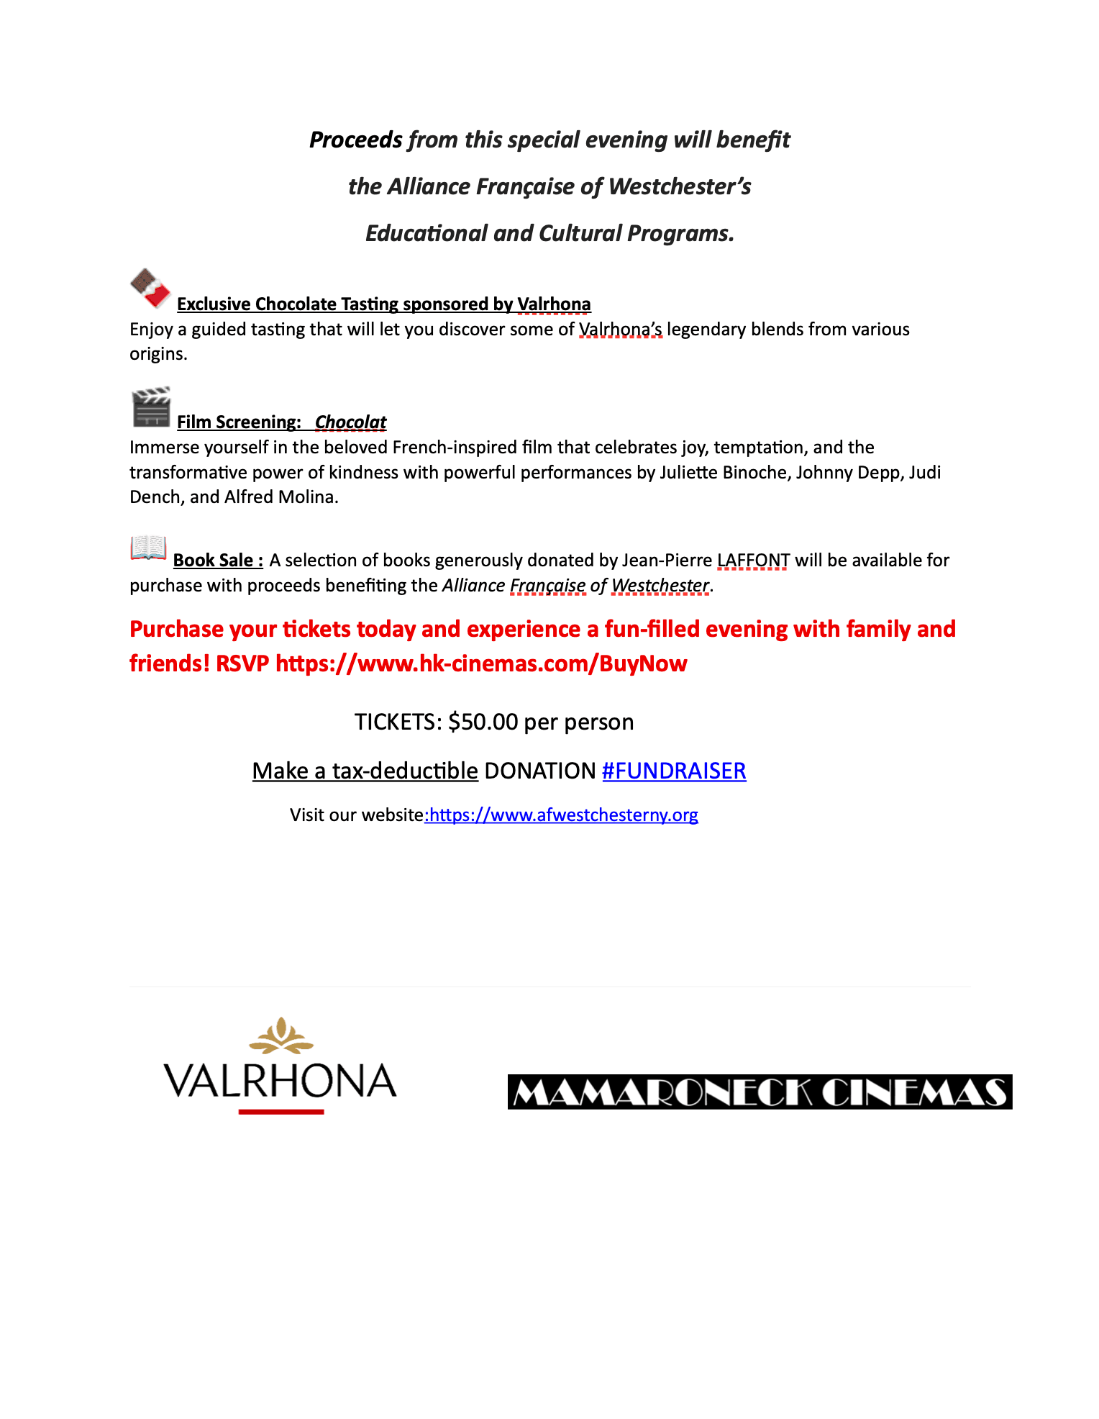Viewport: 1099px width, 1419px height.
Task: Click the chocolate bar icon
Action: [150, 288]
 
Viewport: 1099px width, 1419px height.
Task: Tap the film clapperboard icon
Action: [151, 407]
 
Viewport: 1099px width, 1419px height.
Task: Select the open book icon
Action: [149, 548]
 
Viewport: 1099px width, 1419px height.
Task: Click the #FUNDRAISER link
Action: [674, 771]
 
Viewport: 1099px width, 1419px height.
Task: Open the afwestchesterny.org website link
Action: [562, 815]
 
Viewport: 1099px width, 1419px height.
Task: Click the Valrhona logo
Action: [281, 1067]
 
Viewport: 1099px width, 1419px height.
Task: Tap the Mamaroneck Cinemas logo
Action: [760, 1092]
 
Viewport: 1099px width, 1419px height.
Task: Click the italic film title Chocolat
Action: [350, 422]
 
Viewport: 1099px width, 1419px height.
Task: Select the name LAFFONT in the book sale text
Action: [753, 560]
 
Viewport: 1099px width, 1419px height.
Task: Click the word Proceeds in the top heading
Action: [356, 140]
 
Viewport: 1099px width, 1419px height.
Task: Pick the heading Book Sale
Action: [218, 560]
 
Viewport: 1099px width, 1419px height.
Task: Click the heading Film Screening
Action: [239, 422]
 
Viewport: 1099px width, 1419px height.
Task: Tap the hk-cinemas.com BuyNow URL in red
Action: [481, 663]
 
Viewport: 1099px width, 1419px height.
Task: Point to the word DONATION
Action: [540, 771]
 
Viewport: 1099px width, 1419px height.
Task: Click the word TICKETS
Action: [398, 722]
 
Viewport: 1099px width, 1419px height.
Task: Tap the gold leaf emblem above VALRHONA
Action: [281, 1035]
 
